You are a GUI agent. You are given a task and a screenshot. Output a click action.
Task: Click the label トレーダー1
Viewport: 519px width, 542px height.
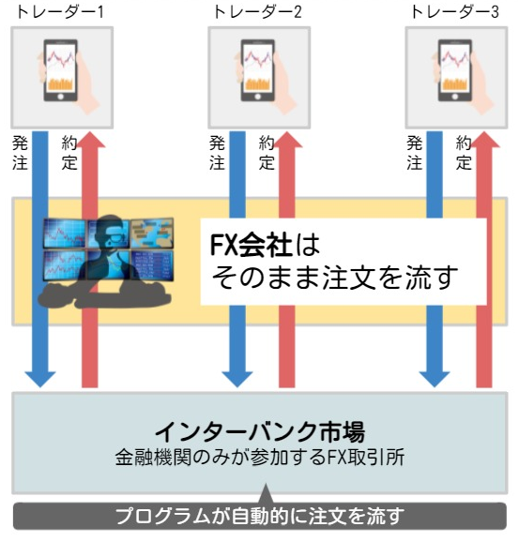coord(59,12)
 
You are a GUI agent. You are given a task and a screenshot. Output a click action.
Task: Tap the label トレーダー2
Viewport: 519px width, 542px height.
coord(258,12)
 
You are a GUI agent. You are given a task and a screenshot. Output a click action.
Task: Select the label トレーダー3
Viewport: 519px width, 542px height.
coord(454,12)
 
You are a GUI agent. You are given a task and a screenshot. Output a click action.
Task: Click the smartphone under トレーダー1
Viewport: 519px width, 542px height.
coord(61,71)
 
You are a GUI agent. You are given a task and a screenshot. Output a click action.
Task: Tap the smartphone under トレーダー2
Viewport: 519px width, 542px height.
coord(258,71)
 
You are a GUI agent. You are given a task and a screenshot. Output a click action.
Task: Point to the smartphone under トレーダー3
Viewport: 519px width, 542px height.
coord(455,71)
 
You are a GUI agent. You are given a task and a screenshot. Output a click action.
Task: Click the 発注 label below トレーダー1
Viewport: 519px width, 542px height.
coord(20,153)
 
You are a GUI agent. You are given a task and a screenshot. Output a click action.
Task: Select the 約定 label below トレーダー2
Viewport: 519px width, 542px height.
coord(267,153)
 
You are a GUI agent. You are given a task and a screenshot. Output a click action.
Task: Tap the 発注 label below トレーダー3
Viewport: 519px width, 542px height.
coord(414,153)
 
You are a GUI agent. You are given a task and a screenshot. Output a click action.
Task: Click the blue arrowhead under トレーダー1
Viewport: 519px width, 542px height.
coord(40,379)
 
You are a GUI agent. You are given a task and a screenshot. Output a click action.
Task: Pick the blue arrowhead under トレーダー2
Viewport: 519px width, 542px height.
coord(237,379)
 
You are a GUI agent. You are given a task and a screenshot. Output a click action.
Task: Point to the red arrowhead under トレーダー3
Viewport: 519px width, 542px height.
coord(484,140)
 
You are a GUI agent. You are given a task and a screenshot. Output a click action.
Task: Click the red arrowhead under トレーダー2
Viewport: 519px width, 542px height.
coord(287,140)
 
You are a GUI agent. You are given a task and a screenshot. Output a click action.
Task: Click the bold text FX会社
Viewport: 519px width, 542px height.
coord(252,245)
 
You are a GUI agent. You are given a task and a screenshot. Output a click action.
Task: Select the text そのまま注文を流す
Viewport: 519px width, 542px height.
coord(335,278)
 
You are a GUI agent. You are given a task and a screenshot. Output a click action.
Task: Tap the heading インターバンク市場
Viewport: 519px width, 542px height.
coord(259,431)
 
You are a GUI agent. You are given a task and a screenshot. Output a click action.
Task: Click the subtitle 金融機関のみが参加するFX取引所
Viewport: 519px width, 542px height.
coord(259,458)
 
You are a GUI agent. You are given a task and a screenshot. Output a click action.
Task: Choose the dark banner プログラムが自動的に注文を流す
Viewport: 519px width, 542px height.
coord(259,516)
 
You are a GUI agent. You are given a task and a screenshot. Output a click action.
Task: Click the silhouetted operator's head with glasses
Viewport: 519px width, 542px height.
coord(110,233)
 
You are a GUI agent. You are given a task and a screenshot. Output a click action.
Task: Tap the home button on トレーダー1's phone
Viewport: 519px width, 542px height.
coord(61,97)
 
